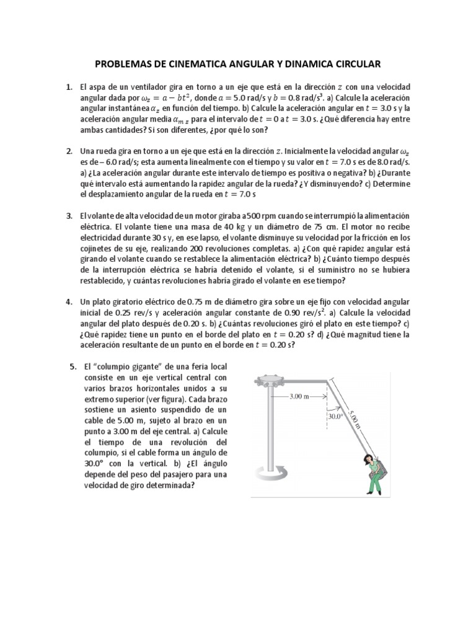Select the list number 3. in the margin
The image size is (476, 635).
coord(69,215)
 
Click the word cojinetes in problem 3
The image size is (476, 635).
coord(98,249)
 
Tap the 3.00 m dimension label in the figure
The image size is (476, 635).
coord(299,396)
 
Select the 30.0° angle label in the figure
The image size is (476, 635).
coord(336,417)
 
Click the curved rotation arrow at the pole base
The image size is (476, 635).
coord(270,475)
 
